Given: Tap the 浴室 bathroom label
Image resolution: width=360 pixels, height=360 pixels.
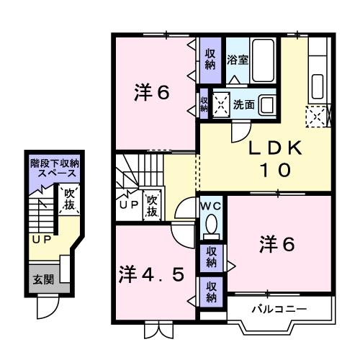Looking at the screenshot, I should tap(238, 60).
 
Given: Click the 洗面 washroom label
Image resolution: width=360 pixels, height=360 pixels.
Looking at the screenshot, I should tap(243, 104).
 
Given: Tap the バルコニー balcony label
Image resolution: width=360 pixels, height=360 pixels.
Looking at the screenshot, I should tap(279, 310).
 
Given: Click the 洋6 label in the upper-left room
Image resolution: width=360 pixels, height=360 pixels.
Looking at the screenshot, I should tap(153, 93).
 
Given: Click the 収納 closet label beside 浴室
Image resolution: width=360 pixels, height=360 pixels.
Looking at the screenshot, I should tap(210, 58).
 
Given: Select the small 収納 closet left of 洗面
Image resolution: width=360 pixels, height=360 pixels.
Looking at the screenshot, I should tap(204, 104).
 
